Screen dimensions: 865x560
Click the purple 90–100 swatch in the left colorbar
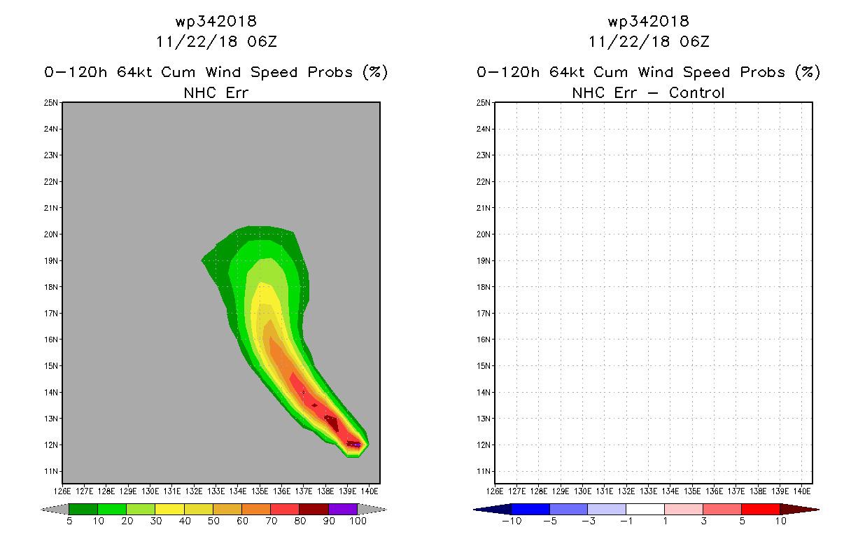point(343,509)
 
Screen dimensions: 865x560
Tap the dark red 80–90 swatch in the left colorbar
point(314,509)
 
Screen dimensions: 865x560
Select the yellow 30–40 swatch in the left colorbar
point(169,509)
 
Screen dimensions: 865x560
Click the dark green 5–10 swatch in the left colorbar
point(83,509)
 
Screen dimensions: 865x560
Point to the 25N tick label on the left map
point(50,103)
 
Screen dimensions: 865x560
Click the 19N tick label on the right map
point(483,260)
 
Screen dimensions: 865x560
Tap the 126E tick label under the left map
point(62,491)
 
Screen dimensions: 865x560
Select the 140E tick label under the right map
point(802,491)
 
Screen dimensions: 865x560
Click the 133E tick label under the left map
point(216,491)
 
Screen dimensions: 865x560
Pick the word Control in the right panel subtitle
point(696,93)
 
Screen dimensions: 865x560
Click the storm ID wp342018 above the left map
point(216,21)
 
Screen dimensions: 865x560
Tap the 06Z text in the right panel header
point(694,42)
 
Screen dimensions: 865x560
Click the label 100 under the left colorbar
point(358,521)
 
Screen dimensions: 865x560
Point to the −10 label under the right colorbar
point(512,521)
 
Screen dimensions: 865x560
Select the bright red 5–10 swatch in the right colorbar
point(761,509)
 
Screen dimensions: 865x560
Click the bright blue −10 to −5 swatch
point(530,509)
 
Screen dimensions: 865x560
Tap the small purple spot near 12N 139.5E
point(357,445)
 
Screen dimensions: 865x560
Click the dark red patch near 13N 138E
point(332,423)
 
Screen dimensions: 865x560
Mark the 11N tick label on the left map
point(50,471)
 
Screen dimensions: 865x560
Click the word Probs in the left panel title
point(330,72)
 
